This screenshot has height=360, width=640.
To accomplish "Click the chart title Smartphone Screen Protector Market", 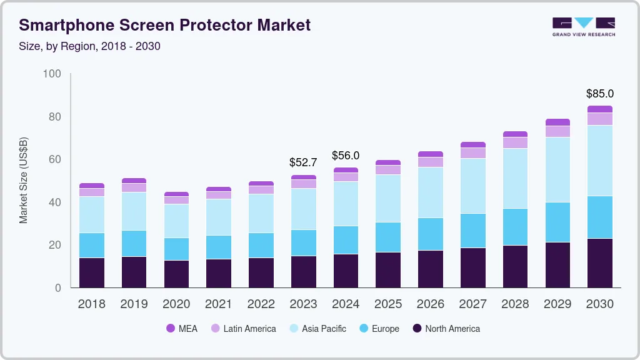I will (x=164, y=26).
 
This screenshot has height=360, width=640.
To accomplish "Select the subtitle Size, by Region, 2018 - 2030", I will (x=90, y=46).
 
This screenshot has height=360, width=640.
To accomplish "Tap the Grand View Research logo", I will (x=583, y=27).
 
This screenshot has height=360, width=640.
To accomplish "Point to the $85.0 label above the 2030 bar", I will (x=599, y=94).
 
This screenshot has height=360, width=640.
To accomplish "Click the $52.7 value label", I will (x=303, y=162).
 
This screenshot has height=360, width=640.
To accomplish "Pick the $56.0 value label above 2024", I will (x=346, y=156).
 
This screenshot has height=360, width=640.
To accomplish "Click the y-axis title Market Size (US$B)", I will (x=24, y=180).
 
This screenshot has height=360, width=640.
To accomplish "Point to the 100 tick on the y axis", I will (x=52, y=74).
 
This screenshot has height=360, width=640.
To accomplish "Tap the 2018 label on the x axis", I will (x=91, y=304).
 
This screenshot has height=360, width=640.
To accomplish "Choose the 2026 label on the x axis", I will (x=430, y=304).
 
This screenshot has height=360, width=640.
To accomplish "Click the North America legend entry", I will (x=446, y=329).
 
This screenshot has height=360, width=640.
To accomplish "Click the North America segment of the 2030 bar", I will (x=600, y=263).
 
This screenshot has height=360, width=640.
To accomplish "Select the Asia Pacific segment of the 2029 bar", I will (x=557, y=169).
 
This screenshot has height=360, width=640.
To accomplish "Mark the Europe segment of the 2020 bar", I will (x=176, y=249).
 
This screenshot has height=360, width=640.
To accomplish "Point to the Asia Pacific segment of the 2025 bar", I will (x=388, y=198).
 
